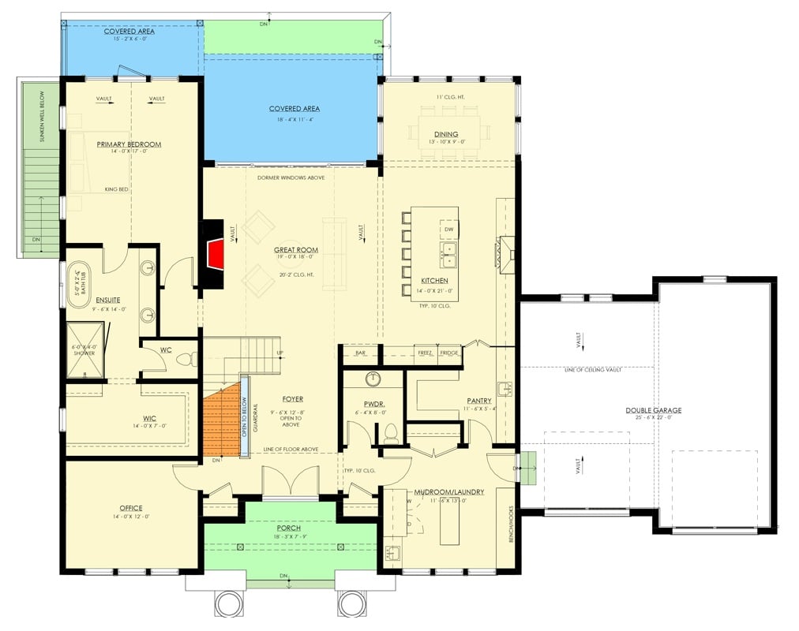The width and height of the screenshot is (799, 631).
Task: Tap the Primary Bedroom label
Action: click(129, 144)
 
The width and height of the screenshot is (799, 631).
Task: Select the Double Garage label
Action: click(653, 410)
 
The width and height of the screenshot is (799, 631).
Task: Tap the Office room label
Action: click(130, 508)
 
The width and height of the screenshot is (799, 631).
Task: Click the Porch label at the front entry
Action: click(289, 528)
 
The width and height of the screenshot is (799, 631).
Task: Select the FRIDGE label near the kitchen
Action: click(449, 353)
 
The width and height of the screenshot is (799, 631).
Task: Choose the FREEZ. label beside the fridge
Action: click(425, 353)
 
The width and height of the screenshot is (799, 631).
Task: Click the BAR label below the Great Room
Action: click(361, 353)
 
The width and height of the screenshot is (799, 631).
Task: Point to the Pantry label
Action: click(478, 401)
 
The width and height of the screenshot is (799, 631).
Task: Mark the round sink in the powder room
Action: click(373, 379)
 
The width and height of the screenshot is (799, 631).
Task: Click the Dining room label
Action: click(445, 134)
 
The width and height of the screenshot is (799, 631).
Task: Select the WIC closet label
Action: click(128, 418)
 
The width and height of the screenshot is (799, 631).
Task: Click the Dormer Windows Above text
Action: click(291, 177)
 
